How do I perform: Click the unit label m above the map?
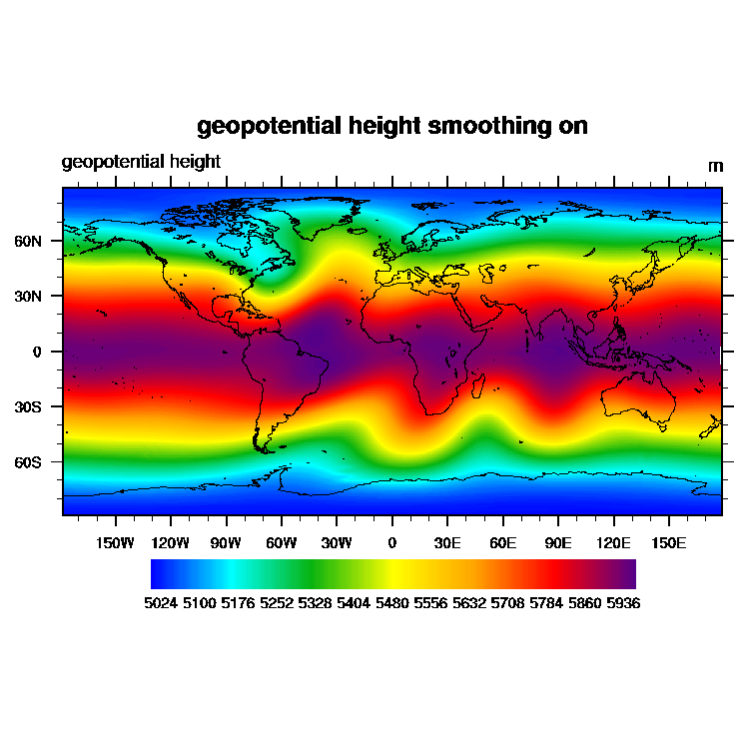tap(715, 166)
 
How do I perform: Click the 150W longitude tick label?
tap(115, 543)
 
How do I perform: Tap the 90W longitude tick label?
tap(226, 543)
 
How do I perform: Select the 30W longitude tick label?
tap(337, 543)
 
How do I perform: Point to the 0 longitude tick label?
tap(391, 543)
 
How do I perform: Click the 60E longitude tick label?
tap(502, 543)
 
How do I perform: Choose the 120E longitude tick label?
tap(613, 543)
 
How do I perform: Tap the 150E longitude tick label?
tap(668, 543)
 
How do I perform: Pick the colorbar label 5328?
tap(318, 603)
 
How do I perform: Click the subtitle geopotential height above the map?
tap(141, 162)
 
